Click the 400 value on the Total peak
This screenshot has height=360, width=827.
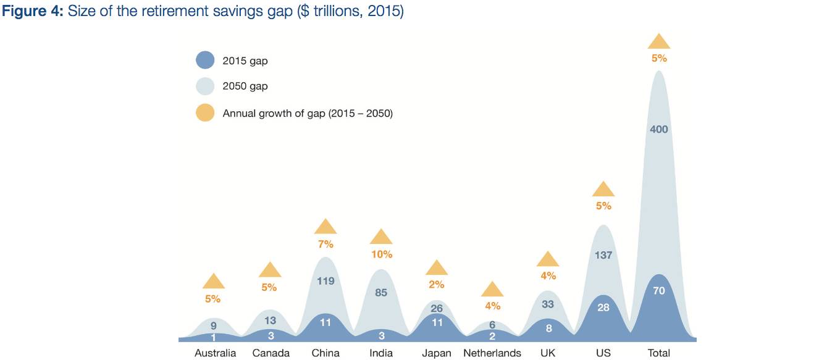pos(658,129)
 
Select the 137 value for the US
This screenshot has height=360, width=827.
pos(603,255)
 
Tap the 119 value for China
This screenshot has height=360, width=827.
pos(325,281)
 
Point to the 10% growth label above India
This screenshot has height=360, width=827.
pos(381,254)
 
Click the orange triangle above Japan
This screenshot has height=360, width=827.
pos(437,268)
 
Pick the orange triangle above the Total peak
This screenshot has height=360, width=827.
pos(658,42)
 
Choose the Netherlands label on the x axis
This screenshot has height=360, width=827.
pos(492,353)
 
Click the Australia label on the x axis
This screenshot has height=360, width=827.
pos(215,353)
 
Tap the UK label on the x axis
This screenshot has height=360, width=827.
pos(547,353)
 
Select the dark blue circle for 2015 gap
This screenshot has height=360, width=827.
pos(204,61)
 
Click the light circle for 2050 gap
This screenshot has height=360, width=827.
pos(204,86)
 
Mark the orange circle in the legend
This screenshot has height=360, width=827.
pos(204,113)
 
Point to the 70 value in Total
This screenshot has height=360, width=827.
pos(658,290)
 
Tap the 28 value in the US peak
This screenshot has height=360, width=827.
pos(603,308)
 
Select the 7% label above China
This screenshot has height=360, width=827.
pos(325,244)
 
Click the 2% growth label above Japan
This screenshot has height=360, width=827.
pos(437,285)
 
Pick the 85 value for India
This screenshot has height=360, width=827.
pos(381,292)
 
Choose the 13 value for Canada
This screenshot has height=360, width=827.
pos(271,320)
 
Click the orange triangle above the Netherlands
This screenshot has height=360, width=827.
pos(492,290)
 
